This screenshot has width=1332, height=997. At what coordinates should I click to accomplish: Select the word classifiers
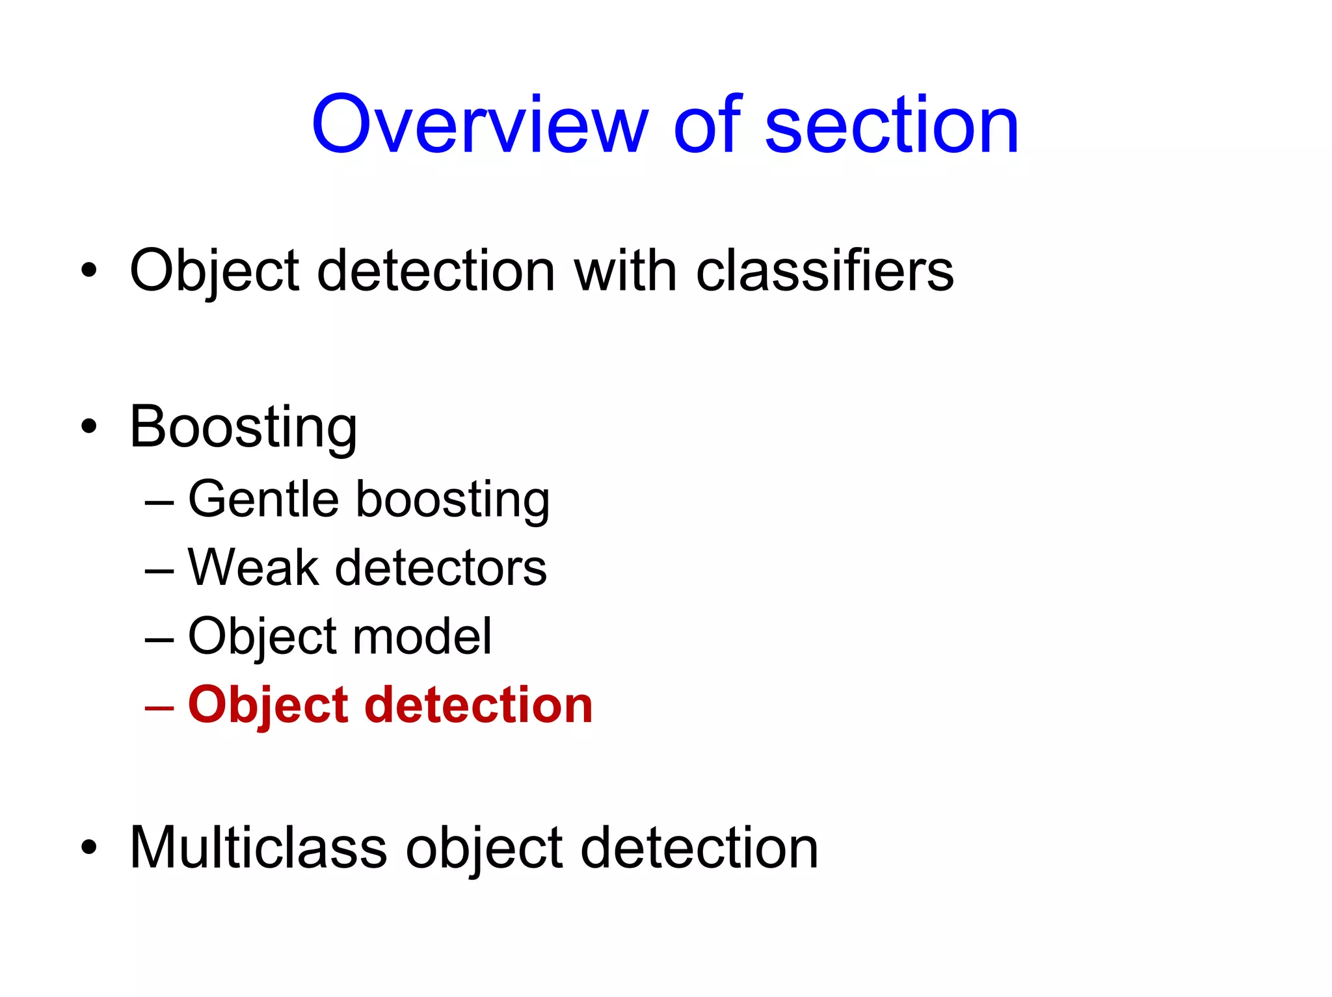click(x=825, y=270)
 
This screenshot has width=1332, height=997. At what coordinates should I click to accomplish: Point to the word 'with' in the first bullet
click(x=625, y=270)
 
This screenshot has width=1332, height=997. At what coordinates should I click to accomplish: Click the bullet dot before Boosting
click(x=89, y=427)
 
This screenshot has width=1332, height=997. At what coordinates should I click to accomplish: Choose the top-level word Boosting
click(x=243, y=427)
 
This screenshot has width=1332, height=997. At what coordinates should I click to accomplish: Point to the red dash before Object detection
click(x=159, y=706)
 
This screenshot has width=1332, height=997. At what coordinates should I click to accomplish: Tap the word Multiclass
click(x=258, y=848)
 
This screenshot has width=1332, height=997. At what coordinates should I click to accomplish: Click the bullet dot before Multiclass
click(x=89, y=848)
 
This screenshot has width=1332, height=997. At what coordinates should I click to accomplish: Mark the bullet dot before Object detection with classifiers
click(x=89, y=270)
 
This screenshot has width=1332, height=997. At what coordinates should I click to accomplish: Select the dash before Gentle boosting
click(x=159, y=502)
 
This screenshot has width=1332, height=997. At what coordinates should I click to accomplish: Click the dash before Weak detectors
click(x=159, y=571)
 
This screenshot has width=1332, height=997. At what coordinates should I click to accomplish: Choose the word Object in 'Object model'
click(x=260, y=637)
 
